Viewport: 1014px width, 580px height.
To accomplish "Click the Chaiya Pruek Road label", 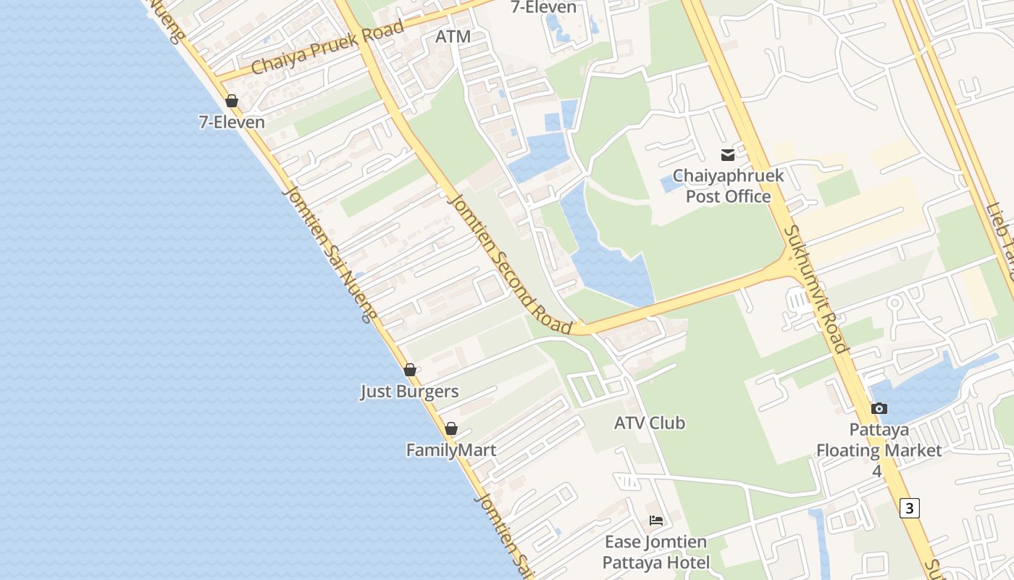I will (327, 48).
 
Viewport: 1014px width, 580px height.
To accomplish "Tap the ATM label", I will (453, 36).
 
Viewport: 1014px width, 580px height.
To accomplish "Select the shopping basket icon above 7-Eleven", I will (232, 101).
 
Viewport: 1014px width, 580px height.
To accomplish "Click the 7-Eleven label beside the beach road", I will (232, 122).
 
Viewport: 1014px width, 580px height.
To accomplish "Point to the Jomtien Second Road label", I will (511, 265).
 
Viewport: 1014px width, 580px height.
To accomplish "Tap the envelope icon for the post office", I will (727, 154).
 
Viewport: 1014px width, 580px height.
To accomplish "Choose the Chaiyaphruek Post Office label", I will (727, 186).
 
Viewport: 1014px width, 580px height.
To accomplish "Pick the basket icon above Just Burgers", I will (410, 370).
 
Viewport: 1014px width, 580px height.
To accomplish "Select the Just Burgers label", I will (410, 391).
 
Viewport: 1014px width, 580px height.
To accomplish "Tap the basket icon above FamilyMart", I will (451, 428).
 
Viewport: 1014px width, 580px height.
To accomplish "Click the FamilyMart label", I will (451, 450).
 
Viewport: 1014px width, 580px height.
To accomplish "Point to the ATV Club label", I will (650, 423).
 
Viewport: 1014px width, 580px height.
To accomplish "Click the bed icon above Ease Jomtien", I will (656, 521).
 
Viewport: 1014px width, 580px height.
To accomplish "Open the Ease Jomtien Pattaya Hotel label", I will (656, 552).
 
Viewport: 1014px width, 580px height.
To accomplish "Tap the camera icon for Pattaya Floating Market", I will (879, 409).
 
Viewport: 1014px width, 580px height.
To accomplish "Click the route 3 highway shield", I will (910, 508).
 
